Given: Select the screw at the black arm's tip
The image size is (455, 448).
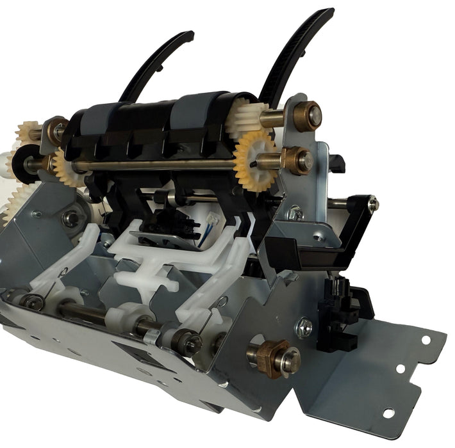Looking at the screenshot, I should click(373, 204).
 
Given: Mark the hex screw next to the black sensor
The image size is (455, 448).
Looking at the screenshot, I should click(304, 328).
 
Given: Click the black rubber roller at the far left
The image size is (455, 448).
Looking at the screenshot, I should click(26, 160).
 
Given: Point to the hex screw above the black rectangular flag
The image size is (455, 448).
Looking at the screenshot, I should click(295, 214).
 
